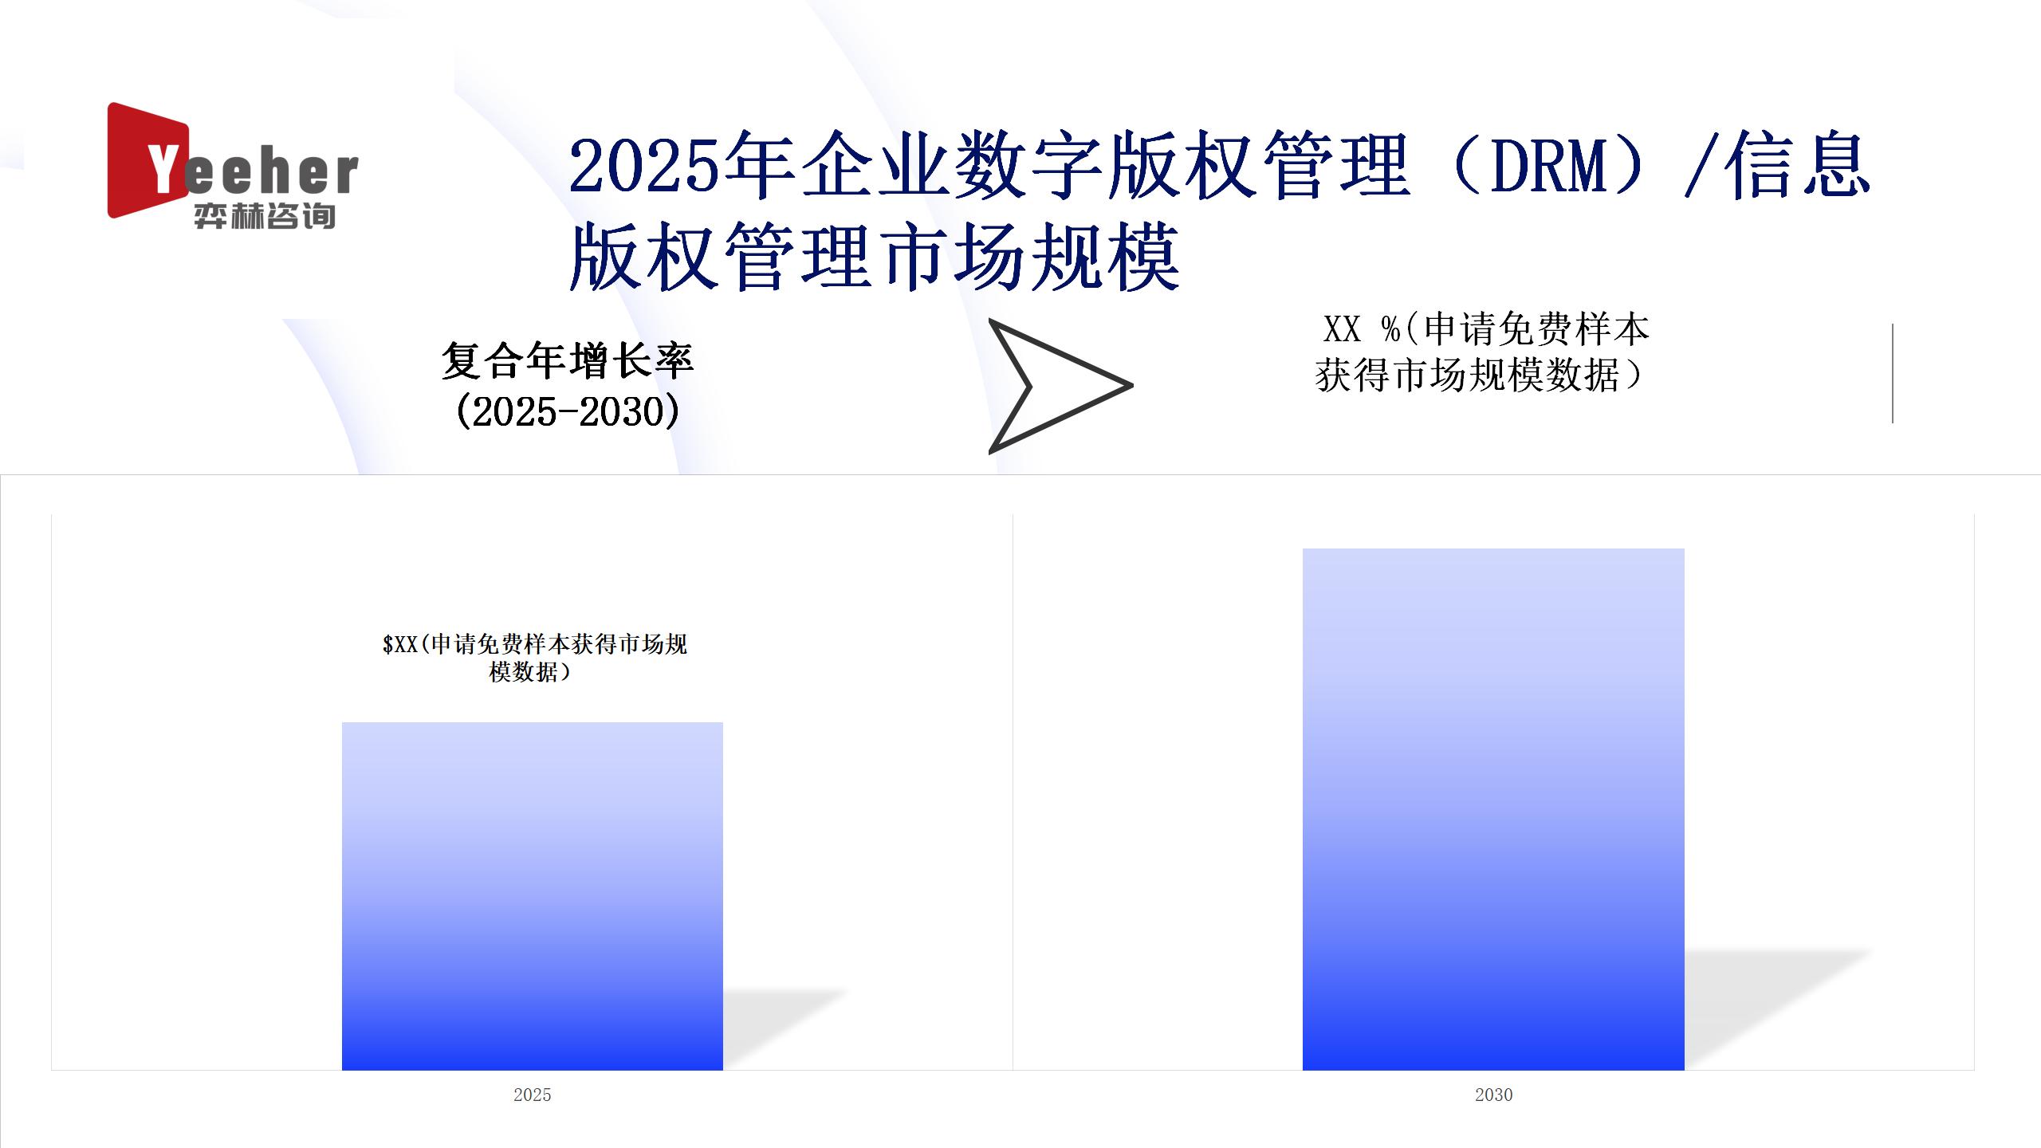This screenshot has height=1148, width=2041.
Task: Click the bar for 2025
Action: (533, 896)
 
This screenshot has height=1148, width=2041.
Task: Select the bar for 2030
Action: (1493, 809)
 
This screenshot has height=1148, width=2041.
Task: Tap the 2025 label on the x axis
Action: (533, 1095)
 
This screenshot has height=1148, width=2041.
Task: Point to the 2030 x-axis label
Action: (1493, 1095)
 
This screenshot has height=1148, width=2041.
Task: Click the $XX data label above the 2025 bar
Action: (534, 658)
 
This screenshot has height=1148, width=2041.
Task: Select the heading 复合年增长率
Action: (568, 361)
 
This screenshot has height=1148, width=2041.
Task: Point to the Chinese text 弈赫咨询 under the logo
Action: (265, 216)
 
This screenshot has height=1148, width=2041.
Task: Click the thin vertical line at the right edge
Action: (1893, 373)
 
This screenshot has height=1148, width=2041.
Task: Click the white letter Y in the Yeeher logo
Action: (163, 169)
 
